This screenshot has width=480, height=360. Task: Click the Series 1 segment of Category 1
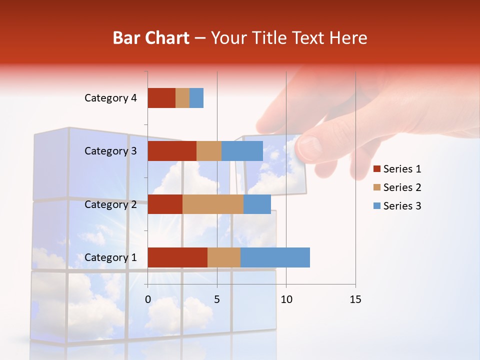[x=177, y=257]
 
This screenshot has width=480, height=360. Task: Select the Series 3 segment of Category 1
[x=275, y=257]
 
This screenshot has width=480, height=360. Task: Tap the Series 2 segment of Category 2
[x=213, y=204]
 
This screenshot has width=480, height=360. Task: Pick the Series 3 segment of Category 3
[x=242, y=151]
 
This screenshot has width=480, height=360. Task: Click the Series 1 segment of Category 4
[x=161, y=98]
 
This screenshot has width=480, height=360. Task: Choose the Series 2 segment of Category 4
[x=182, y=98]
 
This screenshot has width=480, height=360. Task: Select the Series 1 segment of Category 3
[x=172, y=151]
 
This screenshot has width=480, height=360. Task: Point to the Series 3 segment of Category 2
[x=257, y=204]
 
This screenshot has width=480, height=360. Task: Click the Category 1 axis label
[x=110, y=257]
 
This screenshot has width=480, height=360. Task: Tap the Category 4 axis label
[x=110, y=98]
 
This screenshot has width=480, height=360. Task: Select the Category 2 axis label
[x=110, y=204]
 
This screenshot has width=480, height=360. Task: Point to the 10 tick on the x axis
[x=286, y=299]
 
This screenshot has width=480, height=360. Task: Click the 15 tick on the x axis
[x=355, y=299]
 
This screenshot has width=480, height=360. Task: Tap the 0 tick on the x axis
[x=148, y=299]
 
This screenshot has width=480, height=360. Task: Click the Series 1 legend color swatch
[x=377, y=169]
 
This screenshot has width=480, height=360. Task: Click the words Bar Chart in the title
[x=151, y=38]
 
